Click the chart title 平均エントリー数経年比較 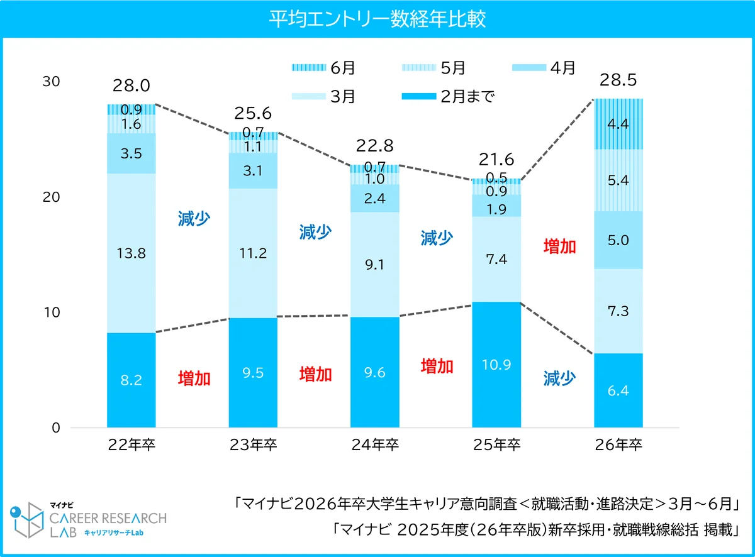(x=377, y=19)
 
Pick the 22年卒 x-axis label (x=131, y=445)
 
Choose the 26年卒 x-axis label (x=618, y=445)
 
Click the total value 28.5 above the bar (x=618, y=80)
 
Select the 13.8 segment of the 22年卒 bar (x=131, y=253)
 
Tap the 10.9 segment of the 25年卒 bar (x=496, y=365)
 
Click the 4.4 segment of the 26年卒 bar (x=618, y=124)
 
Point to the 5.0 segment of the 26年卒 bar (x=618, y=240)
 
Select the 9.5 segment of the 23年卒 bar (x=253, y=372)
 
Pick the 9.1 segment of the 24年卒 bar (x=375, y=264)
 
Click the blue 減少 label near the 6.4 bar (x=559, y=378)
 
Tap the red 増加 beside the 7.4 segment (x=559, y=246)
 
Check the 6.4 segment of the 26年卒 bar (x=618, y=390)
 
